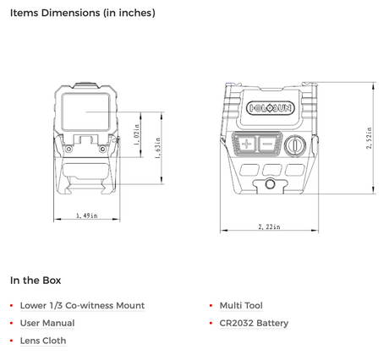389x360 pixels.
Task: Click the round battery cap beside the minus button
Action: pos(296,145)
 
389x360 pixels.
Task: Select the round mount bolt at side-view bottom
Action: pos(270,182)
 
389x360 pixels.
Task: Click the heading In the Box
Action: pos(35,280)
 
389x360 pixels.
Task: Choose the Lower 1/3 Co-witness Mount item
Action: pos(82,305)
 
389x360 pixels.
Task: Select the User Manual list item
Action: pos(47,323)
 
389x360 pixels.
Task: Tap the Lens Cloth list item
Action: pos(43,341)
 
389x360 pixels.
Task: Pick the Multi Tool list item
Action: pos(241,305)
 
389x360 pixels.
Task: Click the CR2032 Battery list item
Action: pos(254,323)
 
